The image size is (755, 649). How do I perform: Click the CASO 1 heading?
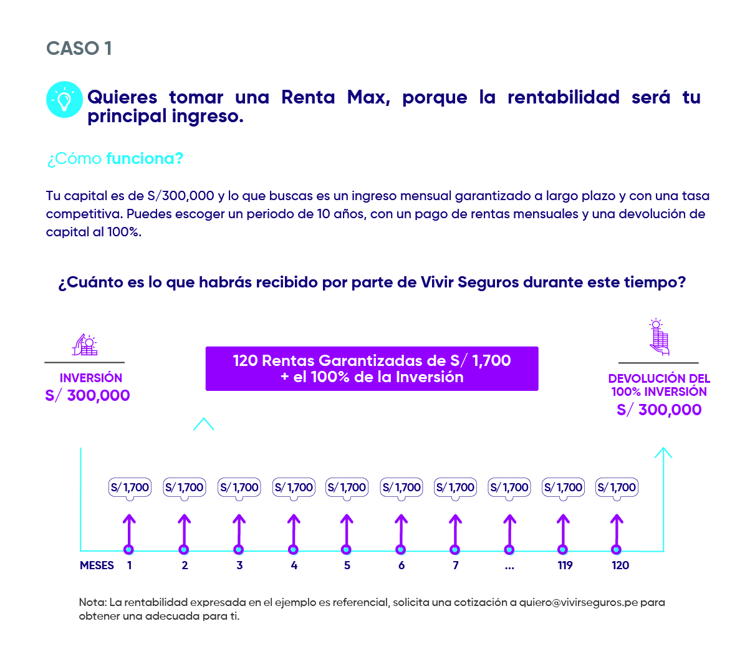coord(79,49)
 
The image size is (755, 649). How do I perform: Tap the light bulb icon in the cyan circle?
coord(64,100)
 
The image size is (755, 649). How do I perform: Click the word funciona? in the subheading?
coord(145,158)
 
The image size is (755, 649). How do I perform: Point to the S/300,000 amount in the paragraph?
coord(181,196)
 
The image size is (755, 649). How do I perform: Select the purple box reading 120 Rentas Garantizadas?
coord(372,368)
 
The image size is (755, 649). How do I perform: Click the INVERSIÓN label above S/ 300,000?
coord(91,378)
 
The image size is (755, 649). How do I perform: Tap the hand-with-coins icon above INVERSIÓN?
coord(85,345)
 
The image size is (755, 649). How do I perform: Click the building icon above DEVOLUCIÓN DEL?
coord(658,337)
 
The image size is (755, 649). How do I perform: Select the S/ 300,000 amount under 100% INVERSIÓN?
coord(659,410)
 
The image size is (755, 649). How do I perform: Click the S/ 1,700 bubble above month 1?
coord(130,488)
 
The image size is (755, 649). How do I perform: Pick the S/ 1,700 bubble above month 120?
coord(617,488)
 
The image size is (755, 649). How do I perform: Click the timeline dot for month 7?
coord(455,549)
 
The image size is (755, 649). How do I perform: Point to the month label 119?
coord(565,565)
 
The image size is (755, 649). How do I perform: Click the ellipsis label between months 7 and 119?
coord(509,566)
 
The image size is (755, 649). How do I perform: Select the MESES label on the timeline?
coord(97,565)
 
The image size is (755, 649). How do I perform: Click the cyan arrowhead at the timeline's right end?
coord(663,453)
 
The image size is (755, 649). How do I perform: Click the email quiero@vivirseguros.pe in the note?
coord(579,602)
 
